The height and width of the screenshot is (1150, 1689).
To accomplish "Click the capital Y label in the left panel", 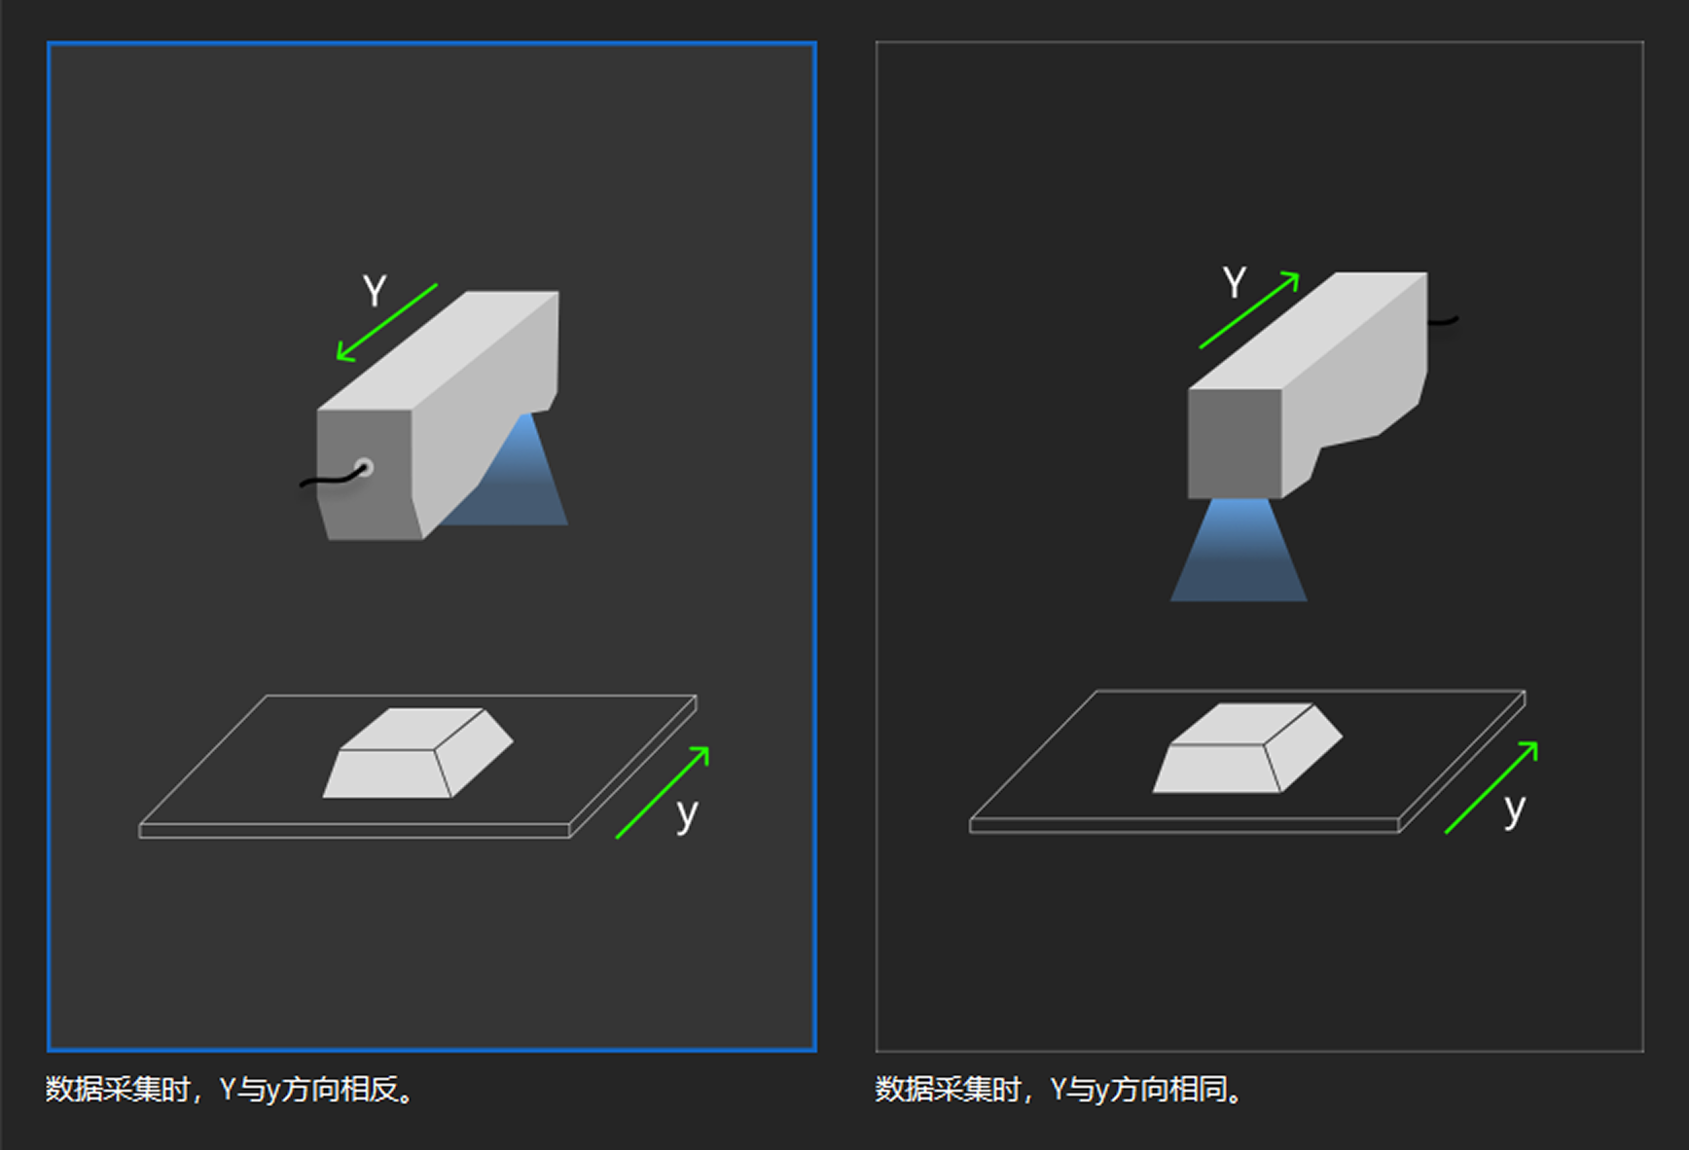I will point(375,291).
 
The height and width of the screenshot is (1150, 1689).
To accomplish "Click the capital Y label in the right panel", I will point(1234,283).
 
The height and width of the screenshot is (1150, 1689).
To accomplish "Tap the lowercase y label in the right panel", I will point(1514,809).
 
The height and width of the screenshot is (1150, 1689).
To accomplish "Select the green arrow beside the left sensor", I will point(386,323).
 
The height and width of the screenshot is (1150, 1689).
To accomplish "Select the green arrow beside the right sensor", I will point(1249,310).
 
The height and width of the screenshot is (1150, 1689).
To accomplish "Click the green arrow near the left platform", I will point(662,793).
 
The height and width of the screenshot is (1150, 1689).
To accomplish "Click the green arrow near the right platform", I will point(1491,787).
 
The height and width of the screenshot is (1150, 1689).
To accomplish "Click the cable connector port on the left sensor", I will point(364,467).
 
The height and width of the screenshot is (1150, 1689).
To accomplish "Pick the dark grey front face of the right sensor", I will point(1234,443).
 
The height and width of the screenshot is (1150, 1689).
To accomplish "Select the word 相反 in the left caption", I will point(370,1090).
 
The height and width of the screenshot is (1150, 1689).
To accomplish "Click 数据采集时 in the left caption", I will point(118,1090).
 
